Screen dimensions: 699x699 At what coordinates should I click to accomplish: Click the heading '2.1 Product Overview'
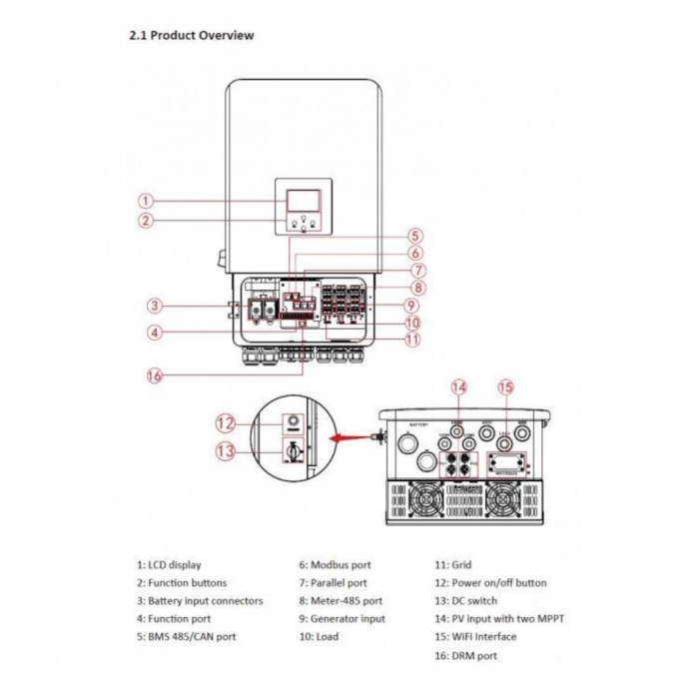191,35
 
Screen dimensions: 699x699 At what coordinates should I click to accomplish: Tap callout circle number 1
146,201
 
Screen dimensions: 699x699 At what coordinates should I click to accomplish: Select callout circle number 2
146,221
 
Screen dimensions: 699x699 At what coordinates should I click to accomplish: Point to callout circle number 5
414,237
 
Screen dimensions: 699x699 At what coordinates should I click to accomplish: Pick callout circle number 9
410,305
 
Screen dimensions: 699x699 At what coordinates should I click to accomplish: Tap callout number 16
154,375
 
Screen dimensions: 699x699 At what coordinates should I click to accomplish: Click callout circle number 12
225,422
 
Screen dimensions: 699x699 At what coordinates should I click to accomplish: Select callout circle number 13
225,450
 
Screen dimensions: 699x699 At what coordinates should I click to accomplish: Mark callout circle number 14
458,387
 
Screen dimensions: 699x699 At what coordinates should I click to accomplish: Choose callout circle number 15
505,387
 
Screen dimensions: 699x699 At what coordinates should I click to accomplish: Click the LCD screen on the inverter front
301,197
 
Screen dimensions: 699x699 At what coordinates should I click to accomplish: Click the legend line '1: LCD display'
169,565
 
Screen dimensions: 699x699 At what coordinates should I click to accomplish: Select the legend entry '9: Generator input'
342,619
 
